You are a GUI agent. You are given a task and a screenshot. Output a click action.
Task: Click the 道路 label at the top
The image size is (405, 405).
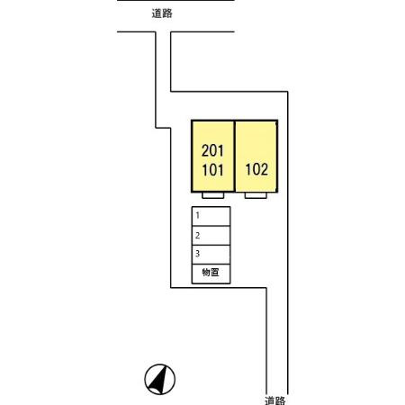click(x=162, y=13)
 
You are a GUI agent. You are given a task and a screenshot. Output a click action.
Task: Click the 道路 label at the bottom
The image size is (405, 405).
click(x=275, y=400)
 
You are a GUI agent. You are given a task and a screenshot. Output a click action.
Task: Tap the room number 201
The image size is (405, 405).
click(x=212, y=150)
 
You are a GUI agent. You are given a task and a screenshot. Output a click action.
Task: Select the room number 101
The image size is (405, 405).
click(x=212, y=170)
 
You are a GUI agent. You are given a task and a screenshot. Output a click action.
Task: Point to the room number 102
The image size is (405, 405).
click(x=256, y=169)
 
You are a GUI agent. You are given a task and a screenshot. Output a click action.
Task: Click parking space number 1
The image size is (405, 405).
click(x=211, y=216)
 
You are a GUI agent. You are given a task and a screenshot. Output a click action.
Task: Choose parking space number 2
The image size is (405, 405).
click(x=211, y=236)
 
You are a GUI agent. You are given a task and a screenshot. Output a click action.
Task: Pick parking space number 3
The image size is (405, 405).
click(x=211, y=255)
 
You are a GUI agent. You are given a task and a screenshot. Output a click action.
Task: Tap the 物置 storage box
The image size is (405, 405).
click(x=211, y=274)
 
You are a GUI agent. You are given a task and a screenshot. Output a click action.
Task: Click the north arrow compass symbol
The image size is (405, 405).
click(x=160, y=379)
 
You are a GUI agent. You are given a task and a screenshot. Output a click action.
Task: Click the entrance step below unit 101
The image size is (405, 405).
click(x=213, y=195)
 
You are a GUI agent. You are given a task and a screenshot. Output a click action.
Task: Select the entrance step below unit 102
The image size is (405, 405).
click(x=256, y=195)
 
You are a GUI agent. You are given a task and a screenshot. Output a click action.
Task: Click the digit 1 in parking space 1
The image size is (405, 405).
click(x=197, y=215)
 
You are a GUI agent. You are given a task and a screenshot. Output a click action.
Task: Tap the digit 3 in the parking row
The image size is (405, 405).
click(x=197, y=254)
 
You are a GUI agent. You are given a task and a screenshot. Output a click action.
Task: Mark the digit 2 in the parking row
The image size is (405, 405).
click(x=197, y=236)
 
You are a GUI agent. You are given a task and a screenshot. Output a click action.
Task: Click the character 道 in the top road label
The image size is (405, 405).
click(x=157, y=13)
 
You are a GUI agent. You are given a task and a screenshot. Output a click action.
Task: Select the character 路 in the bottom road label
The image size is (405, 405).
click(x=281, y=400)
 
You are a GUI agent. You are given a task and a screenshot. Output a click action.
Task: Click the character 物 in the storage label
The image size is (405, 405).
click(x=206, y=273)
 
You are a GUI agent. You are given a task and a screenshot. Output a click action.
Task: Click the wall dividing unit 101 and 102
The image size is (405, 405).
click(x=235, y=156)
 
